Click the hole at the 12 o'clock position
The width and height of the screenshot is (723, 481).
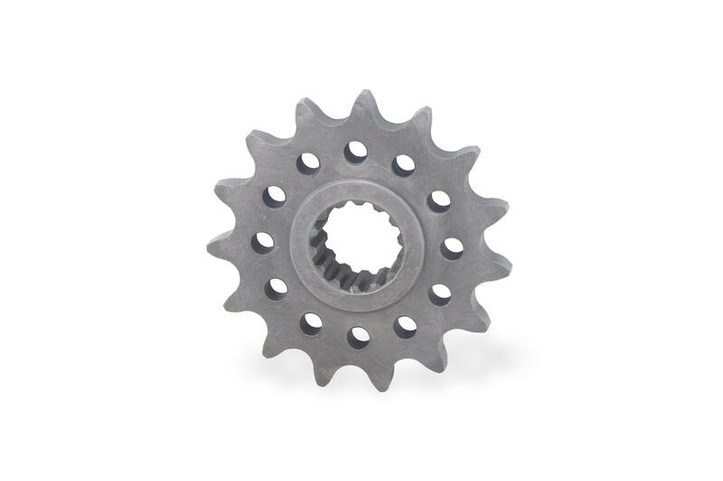tap(356, 152)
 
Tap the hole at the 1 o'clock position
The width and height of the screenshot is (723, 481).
tap(403, 165)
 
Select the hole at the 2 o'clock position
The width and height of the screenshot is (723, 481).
tap(439, 200)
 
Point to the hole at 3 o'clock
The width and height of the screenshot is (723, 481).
tap(452, 247)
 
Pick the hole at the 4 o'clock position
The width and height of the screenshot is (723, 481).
tap(440, 293)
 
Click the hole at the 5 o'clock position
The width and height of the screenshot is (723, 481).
tap(406, 326)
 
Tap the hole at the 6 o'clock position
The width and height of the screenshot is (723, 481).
tap(359, 337)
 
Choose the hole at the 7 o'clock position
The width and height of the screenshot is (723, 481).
tap(312, 323)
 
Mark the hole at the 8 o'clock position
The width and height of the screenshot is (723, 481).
tap(277, 289)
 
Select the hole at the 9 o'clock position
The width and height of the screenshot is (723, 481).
tap(263, 242)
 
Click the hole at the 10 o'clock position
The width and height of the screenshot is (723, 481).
tap(275, 196)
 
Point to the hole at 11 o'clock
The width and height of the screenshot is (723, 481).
tap(309, 162)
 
